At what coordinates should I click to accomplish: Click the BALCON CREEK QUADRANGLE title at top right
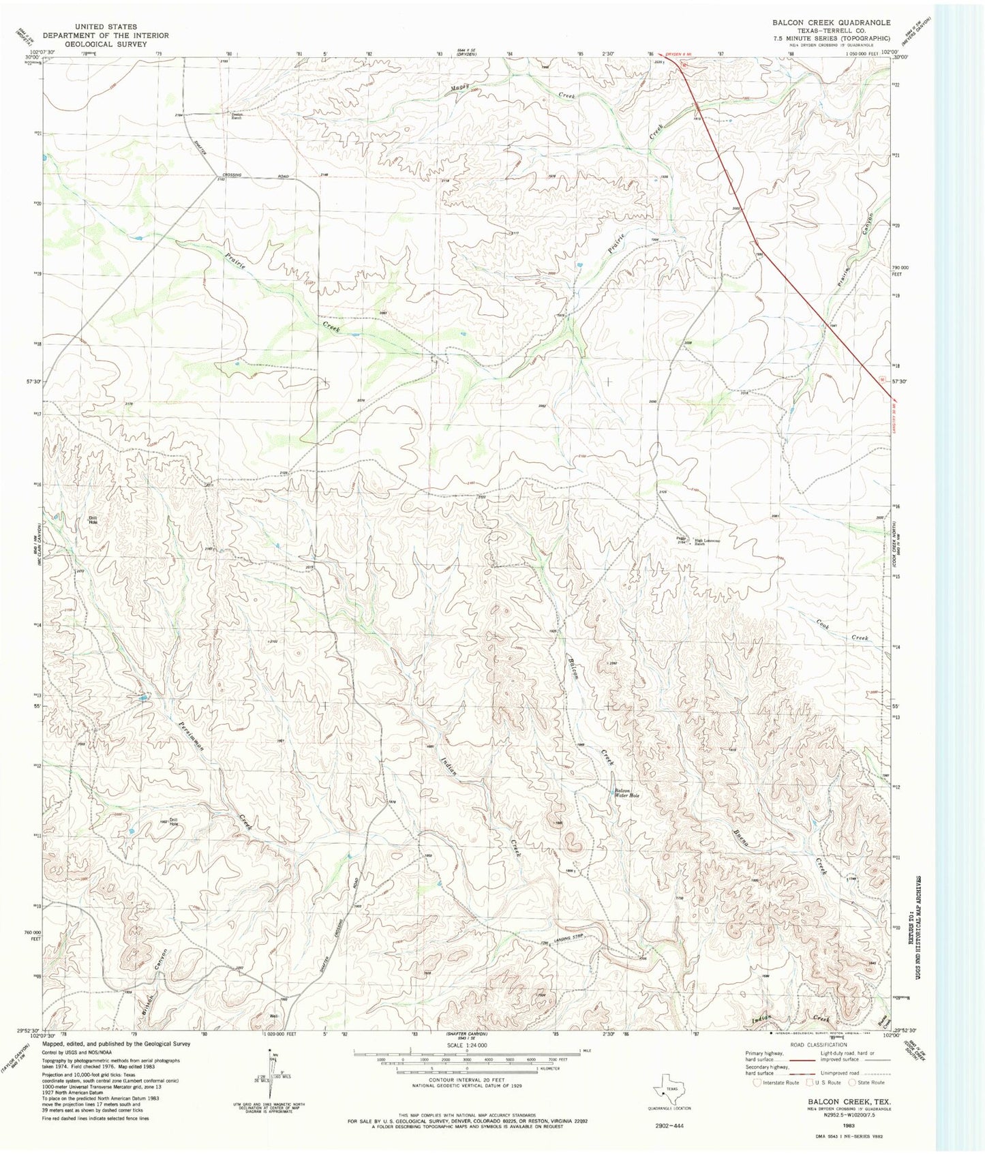pos(831,22)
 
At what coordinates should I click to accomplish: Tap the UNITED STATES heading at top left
pos(106,27)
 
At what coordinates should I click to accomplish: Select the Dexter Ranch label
pos(237,116)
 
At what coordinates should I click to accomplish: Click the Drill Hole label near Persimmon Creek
pos(174,821)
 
